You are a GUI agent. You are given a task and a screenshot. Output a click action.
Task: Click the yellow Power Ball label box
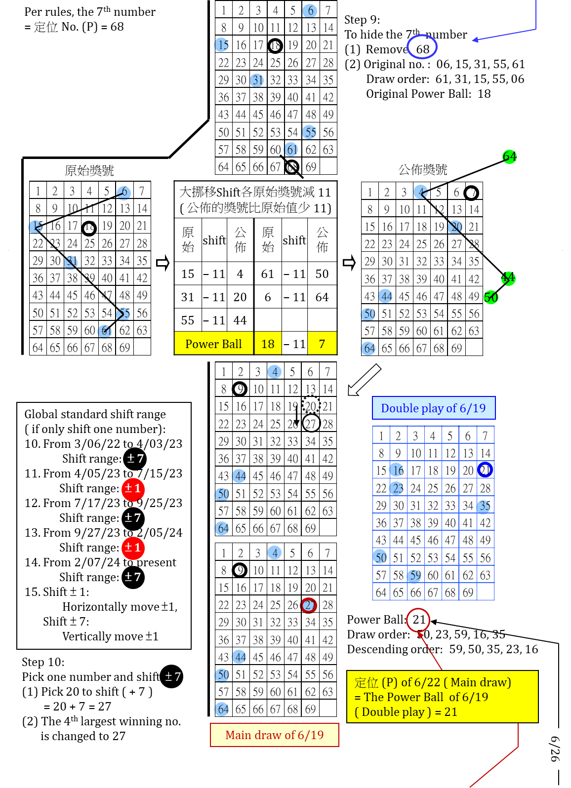click(213, 343)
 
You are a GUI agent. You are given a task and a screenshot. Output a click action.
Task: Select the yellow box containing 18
click(268, 343)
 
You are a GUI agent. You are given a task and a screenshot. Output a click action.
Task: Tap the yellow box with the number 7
click(322, 343)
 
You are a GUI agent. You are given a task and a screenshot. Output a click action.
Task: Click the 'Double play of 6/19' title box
click(433, 408)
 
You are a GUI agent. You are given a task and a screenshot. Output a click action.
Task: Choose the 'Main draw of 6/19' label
click(274, 735)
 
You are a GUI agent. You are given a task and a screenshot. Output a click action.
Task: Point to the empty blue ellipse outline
click(422, 47)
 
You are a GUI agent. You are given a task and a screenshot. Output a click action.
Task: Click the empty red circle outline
click(418, 620)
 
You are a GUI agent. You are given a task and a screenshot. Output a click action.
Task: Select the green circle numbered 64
click(509, 157)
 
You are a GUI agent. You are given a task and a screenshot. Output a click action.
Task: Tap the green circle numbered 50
click(491, 297)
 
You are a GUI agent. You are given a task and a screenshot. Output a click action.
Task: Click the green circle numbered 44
click(508, 278)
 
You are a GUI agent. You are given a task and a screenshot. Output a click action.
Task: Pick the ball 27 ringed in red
click(309, 605)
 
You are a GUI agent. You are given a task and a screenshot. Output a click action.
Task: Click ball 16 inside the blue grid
click(396, 470)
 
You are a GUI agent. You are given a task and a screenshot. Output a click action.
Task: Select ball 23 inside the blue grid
click(396, 488)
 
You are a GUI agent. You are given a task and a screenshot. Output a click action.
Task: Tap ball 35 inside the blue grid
click(484, 506)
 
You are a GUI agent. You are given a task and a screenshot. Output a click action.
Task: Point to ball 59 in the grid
click(414, 576)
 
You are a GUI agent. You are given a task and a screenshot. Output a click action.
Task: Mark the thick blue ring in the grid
click(485, 470)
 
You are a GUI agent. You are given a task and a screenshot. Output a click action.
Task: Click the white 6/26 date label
click(555, 749)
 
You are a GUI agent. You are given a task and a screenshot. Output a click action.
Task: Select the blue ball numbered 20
click(455, 227)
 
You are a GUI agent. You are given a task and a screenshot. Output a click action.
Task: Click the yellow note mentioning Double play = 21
click(442, 697)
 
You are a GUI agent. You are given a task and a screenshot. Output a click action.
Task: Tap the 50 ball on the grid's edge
click(380, 557)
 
